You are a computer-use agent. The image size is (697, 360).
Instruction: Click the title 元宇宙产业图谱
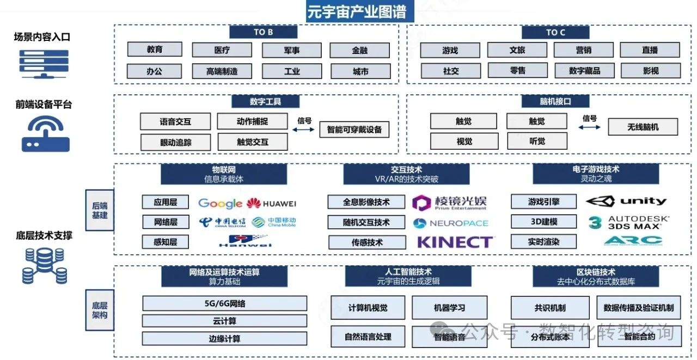[357, 11]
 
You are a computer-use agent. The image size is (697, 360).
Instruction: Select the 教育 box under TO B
[155, 50]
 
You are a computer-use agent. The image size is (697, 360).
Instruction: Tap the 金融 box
[359, 50]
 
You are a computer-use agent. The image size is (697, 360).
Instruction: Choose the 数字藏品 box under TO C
[584, 71]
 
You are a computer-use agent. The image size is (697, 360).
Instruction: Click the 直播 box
[650, 50]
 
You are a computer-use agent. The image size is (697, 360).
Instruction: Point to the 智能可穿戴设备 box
[354, 130]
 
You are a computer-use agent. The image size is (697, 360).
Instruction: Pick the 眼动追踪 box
[175, 142]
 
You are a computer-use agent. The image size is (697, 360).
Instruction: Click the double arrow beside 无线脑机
[589, 127]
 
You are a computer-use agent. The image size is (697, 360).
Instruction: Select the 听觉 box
[536, 141]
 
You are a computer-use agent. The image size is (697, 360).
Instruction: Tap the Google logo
[220, 203]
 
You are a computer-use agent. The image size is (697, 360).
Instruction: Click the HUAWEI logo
[271, 204]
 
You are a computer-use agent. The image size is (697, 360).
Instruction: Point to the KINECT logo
[455, 242]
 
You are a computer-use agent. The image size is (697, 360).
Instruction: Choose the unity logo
[626, 202]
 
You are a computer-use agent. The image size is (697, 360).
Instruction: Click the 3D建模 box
[543, 222]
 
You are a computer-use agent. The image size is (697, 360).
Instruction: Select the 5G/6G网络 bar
[224, 303]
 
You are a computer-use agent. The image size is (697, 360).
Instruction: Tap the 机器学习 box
[449, 308]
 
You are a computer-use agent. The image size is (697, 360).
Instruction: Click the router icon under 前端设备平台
[46, 134]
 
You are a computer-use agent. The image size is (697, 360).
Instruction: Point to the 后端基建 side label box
[100, 210]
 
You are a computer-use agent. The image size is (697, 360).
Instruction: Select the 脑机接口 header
[555, 101]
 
